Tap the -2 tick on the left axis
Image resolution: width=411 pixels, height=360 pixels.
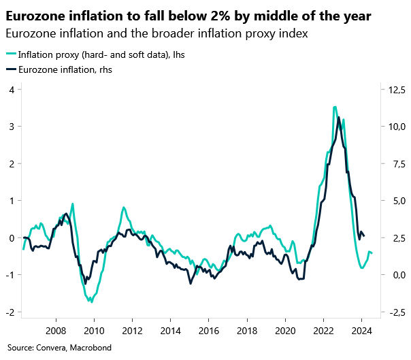coord(10,312)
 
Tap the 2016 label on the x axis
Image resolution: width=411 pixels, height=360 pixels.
coord(208,331)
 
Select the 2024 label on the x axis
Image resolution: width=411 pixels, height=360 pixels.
coord(361,331)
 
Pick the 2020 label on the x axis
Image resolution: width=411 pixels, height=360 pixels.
coord(285,331)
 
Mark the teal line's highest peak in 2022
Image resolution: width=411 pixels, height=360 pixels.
coord(335,107)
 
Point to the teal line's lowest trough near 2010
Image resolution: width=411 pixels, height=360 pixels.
coord(91,301)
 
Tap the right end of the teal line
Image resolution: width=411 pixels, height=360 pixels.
coord(372,253)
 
